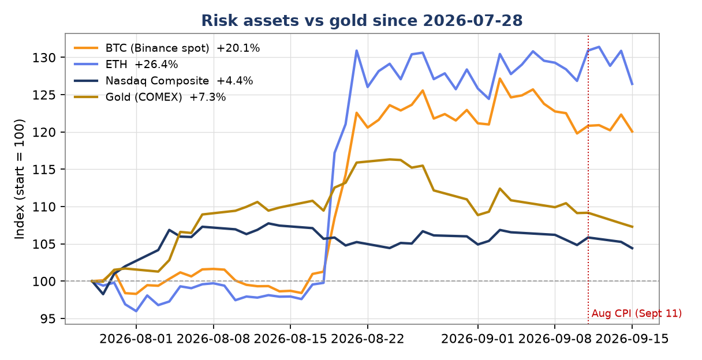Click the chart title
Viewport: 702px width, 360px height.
pyautogui.click(x=361, y=21)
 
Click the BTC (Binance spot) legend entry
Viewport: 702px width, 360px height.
pyautogui.click(x=167, y=48)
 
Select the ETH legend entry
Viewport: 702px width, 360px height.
pyautogui.click(x=126, y=64)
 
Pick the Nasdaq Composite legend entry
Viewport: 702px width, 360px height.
pyautogui.click(x=163, y=81)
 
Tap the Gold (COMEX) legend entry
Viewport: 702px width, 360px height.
pyautogui.click(x=150, y=97)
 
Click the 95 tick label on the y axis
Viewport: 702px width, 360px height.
pyautogui.click(x=48, y=318)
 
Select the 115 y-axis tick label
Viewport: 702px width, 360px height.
pyautogui.click(x=44, y=170)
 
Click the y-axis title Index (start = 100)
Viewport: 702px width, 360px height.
pyautogui.click(x=20, y=179)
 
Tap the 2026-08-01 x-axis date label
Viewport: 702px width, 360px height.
pyautogui.click(x=136, y=339)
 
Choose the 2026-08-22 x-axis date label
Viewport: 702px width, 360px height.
pyautogui.click(x=368, y=339)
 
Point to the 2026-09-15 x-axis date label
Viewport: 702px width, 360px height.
pyautogui.click(x=632, y=339)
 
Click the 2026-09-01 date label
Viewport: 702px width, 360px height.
pyautogui.click(x=478, y=339)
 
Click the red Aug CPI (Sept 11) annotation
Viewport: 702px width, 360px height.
pyautogui.click(x=637, y=313)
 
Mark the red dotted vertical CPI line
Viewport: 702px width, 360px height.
pyautogui.click(x=588, y=179)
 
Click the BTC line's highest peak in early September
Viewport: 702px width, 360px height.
pyautogui.click(x=499, y=78)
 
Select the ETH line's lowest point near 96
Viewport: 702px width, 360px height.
pyautogui.click(x=136, y=311)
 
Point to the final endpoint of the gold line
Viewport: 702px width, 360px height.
pyautogui.click(x=632, y=227)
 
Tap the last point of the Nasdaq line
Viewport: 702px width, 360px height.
pyautogui.click(x=632, y=249)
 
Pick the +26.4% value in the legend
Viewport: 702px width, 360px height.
pyautogui.click(x=156, y=64)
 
